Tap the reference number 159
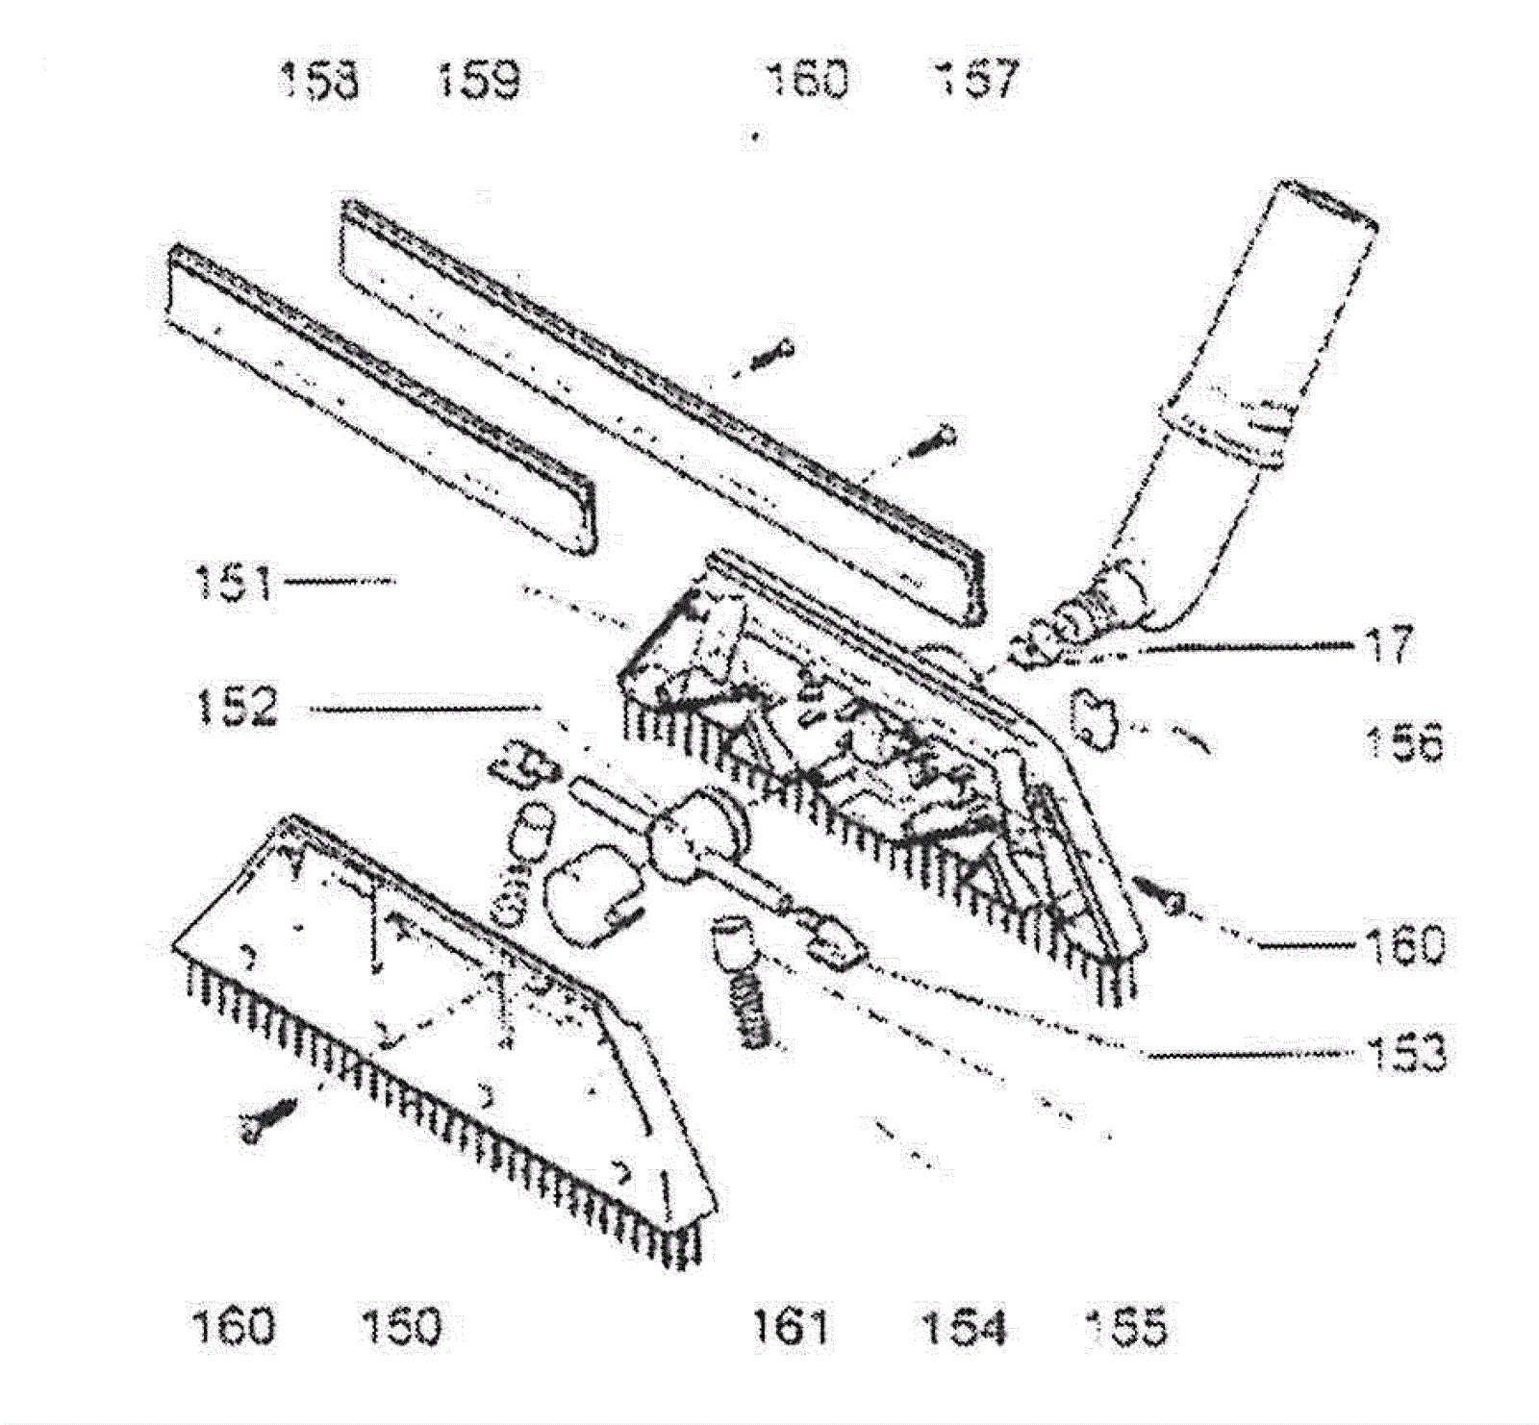point(479,80)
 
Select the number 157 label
point(975,80)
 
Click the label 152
point(237,709)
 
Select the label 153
point(1405,1053)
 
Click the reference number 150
point(400,1327)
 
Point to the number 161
point(791,1327)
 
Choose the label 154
point(963,1327)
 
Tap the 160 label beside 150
point(234,1327)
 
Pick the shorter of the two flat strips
point(385,394)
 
